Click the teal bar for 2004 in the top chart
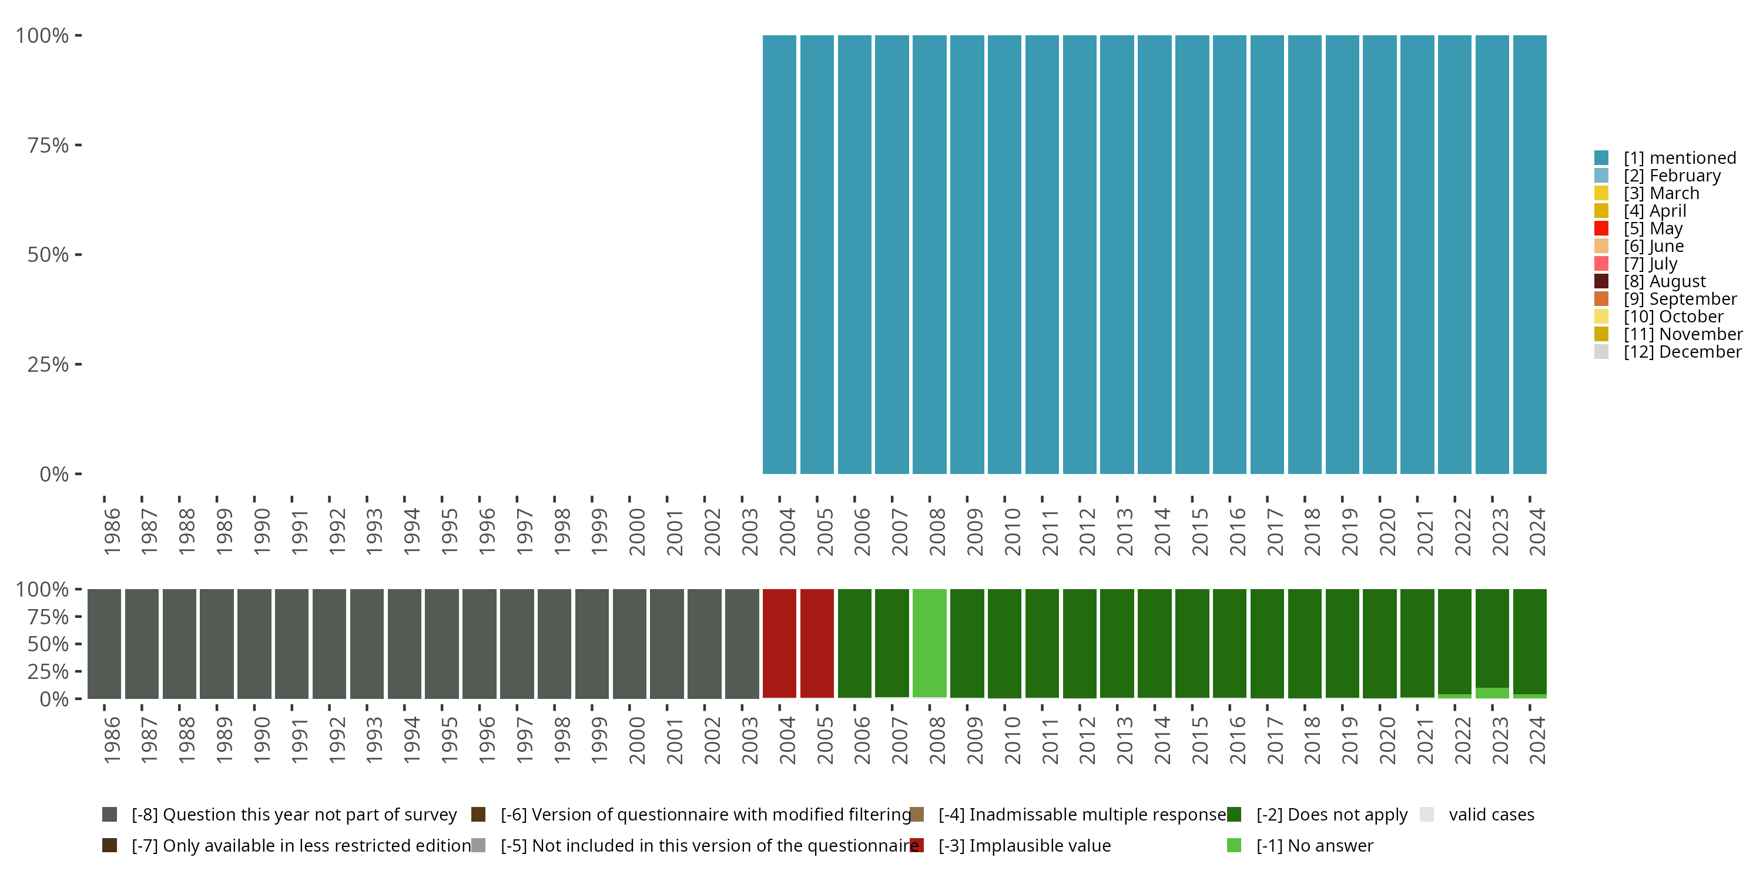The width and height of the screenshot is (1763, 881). (x=779, y=254)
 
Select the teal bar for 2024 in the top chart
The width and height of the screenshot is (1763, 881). (x=1530, y=254)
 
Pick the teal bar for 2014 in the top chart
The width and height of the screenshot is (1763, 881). (x=1155, y=254)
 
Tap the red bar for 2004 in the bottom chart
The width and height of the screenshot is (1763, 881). (x=779, y=643)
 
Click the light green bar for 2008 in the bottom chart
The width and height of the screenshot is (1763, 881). (x=930, y=643)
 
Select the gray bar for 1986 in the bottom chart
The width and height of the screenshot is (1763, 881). (x=104, y=643)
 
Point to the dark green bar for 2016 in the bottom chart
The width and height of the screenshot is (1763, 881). (x=1229, y=643)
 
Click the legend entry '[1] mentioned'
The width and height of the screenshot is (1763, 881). (x=1680, y=158)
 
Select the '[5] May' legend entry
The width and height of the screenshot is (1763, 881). (x=1653, y=228)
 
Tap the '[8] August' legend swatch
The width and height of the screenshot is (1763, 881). (x=1601, y=281)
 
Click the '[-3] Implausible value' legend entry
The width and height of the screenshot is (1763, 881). (x=1024, y=845)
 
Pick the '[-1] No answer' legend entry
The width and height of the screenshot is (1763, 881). (x=1314, y=845)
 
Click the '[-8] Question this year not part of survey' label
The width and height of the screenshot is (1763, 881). (x=294, y=815)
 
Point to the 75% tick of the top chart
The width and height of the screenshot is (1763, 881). (x=78, y=145)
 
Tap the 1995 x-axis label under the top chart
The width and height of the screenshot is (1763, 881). (x=449, y=532)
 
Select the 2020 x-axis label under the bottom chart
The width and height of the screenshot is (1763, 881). (x=1387, y=740)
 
